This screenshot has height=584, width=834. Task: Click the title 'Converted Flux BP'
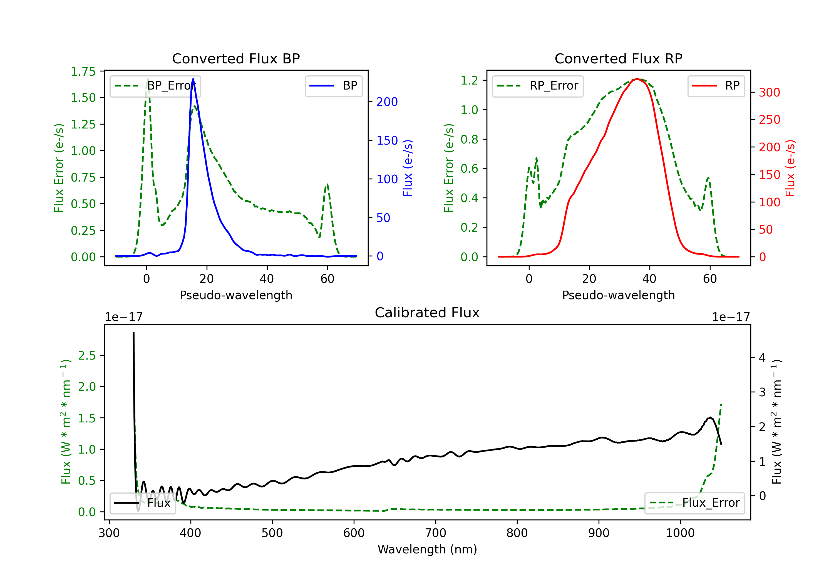pyautogui.click(x=236, y=58)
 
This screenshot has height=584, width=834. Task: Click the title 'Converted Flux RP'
pyautogui.click(x=618, y=58)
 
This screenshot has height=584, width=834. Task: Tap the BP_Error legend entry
pyautogui.click(x=155, y=86)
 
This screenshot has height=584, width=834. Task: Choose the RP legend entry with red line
pyautogui.click(x=716, y=86)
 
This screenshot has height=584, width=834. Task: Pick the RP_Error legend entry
pyautogui.click(x=538, y=86)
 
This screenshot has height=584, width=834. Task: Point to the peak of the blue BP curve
pyautogui.click(x=193, y=79)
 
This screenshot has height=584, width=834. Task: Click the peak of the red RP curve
pyautogui.click(x=637, y=79)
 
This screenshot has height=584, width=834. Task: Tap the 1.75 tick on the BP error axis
pyautogui.click(x=83, y=71)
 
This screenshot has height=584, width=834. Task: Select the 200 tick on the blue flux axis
pyautogui.click(x=387, y=102)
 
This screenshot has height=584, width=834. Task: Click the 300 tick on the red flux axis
pyautogui.click(x=769, y=92)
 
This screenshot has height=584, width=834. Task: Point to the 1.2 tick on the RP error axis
pyautogui.click(x=469, y=80)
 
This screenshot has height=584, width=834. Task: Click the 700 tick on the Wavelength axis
pyautogui.click(x=436, y=533)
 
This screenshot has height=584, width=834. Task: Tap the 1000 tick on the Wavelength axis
pyautogui.click(x=680, y=533)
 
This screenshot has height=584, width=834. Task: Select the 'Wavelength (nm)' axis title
pyautogui.click(x=427, y=549)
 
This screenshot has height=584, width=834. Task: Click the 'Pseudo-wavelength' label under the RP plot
pyautogui.click(x=618, y=295)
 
